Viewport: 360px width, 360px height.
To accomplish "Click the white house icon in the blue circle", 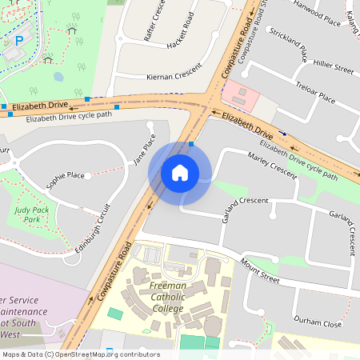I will click(x=180, y=173).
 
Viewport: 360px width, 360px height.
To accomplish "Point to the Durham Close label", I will click(x=318, y=322).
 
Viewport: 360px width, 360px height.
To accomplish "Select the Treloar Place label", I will click(x=315, y=96).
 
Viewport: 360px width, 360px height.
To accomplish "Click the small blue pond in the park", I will click(x=58, y=78).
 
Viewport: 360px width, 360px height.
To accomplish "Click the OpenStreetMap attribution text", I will click(x=81, y=354).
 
